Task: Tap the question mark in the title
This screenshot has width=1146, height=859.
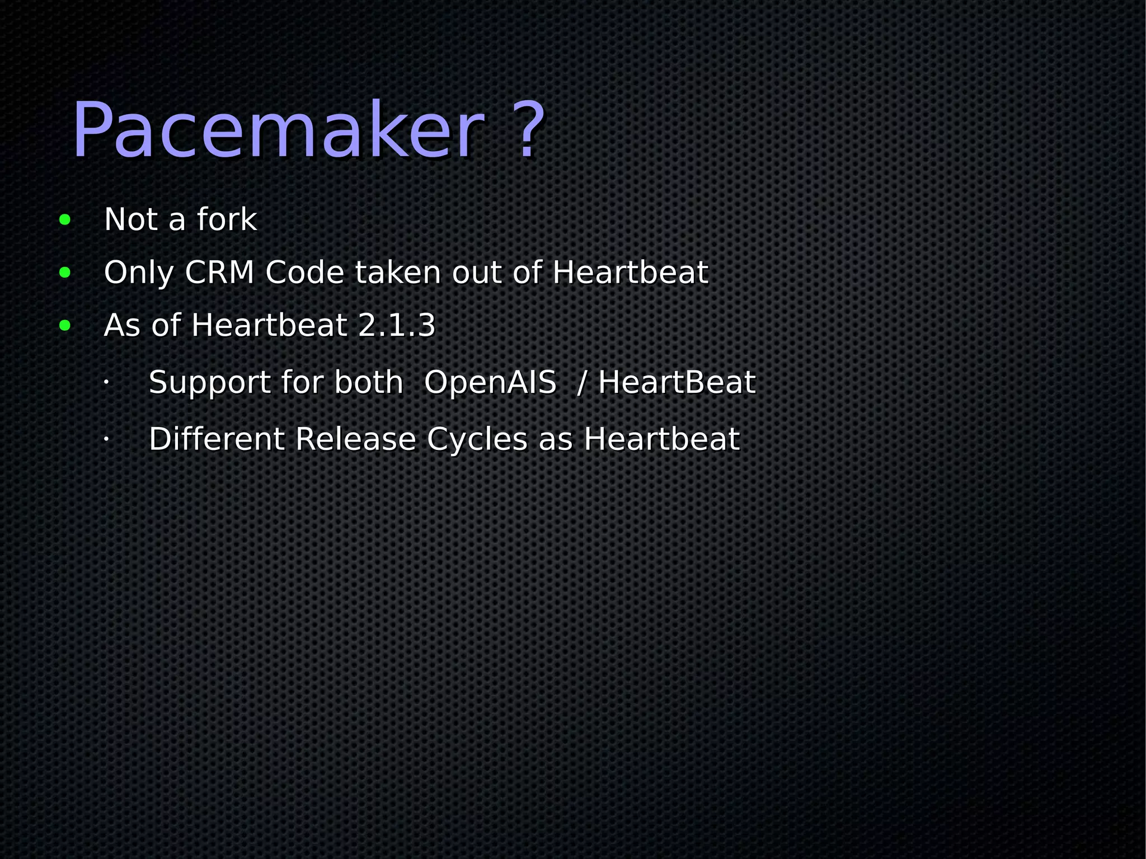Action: click(x=529, y=130)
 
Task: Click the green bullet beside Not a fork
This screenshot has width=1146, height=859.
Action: click(x=65, y=220)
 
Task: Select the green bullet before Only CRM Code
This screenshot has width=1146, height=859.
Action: click(x=65, y=273)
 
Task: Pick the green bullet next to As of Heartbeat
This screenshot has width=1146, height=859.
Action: click(x=65, y=326)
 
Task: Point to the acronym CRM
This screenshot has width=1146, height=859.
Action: click(x=219, y=273)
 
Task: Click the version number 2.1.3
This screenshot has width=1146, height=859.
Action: click(x=396, y=325)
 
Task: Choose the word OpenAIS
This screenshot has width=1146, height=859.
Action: click(x=490, y=383)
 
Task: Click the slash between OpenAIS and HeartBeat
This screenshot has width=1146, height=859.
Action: click(x=582, y=383)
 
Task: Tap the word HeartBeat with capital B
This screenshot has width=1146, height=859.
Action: click(x=677, y=383)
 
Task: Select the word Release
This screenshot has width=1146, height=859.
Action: click(x=355, y=439)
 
